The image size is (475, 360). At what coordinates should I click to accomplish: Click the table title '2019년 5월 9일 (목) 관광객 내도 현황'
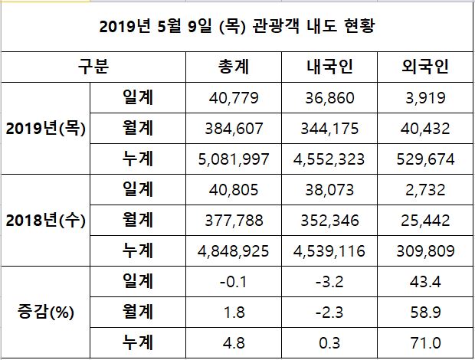(237, 28)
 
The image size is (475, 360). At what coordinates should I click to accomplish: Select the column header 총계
(237, 67)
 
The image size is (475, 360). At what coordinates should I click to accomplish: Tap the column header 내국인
(329, 67)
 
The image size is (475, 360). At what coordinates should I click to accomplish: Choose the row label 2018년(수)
(45, 221)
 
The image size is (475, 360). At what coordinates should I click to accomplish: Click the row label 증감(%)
(45, 313)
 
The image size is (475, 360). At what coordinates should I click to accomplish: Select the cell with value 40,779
(237, 97)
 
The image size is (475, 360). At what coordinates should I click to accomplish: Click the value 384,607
(237, 129)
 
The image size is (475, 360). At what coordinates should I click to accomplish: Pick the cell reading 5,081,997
(237, 159)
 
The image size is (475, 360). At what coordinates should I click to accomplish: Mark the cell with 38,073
(329, 190)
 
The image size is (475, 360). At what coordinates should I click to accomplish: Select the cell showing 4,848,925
(237, 251)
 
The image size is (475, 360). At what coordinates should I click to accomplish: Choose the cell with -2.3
(329, 313)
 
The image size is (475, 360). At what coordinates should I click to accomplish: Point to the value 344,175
(329, 129)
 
